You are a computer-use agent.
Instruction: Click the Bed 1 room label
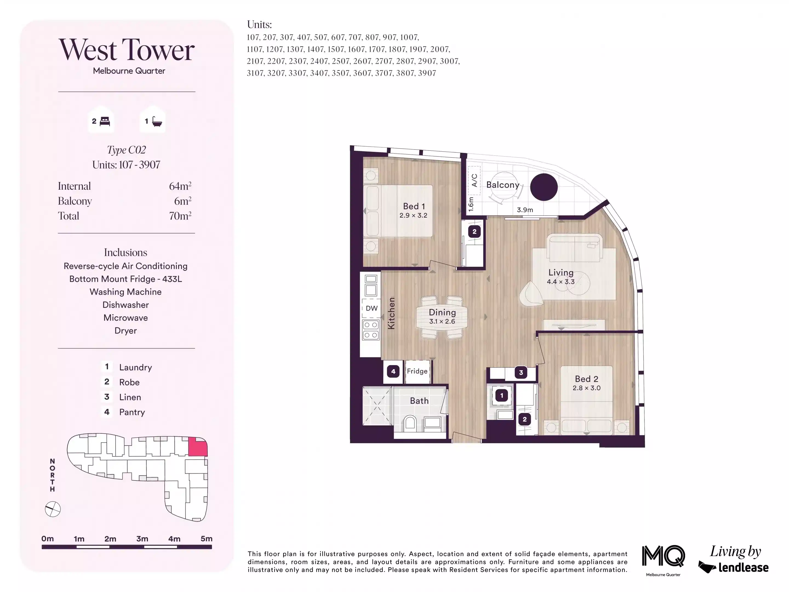[414, 206]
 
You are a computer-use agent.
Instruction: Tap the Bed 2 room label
[586, 379]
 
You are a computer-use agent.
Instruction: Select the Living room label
[561, 273]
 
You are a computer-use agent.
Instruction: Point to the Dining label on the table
[442, 313]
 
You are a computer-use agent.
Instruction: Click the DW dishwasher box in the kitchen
[371, 308]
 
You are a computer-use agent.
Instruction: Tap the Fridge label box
[417, 371]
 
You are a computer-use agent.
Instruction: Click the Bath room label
[419, 401]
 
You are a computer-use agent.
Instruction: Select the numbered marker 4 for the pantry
[393, 371]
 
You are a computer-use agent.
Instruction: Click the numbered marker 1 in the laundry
[502, 395]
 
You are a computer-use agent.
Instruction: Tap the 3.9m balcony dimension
[525, 210]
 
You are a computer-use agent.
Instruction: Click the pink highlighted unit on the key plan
[198, 446]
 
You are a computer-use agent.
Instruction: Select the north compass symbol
[53, 509]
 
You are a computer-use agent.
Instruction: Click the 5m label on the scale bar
[207, 539]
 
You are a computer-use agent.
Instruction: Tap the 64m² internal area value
[180, 186]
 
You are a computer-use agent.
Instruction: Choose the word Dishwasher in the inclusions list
[125, 305]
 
